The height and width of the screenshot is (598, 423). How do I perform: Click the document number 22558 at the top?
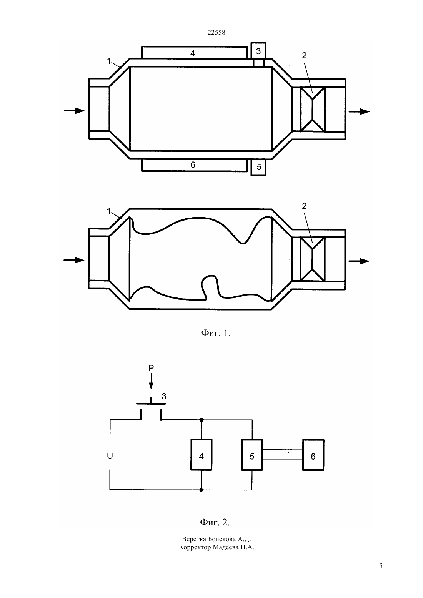[x=216, y=32]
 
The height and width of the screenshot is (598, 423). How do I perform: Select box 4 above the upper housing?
[x=195, y=52]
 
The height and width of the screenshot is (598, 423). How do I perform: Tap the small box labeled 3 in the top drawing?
[x=258, y=50]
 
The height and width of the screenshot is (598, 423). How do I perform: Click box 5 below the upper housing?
[x=258, y=168]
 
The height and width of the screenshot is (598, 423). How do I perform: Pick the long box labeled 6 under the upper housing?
[x=195, y=165]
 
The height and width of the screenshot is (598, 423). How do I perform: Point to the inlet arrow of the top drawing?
[x=74, y=111]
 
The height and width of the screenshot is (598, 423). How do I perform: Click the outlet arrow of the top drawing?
[x=359, y=111]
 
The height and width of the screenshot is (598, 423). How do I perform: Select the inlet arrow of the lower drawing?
[x=74, y=260]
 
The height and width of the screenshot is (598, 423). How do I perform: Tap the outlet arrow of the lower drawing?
[x=359, y=261]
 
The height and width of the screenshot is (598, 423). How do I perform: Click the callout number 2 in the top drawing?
[x=304, y=55]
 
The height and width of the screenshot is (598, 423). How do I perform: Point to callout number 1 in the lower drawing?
[x=109, y=211]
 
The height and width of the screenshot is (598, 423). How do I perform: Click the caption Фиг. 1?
[x=215, y=333]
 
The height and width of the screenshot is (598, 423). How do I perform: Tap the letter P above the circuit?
[x=151, y=368]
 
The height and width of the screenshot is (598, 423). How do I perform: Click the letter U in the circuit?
[x=110, y=456]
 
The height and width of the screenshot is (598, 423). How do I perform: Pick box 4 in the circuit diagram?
[x=202, y=455]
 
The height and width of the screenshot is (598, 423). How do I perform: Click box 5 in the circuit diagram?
[x=252, y=455]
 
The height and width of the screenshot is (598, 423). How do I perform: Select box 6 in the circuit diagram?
[x=313, y=455]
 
